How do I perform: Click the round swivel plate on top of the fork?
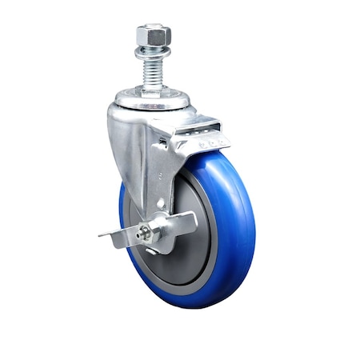[x=152, y=101]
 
